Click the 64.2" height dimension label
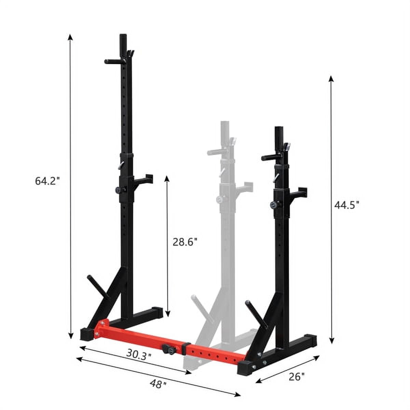pyautogui.click(x=47, y=181)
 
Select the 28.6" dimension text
pyautogui.click(x=185, y=242)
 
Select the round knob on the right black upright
pyautogui.click(x=274, y=205)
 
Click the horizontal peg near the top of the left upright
pyautogui.click(x=112, y=62)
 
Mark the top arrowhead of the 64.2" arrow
pyautogui.click(x=70, y=37)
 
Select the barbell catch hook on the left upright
pyautogui.click(x=143, y=180)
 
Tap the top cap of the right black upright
pyautogui.click(x=279, y=130)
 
